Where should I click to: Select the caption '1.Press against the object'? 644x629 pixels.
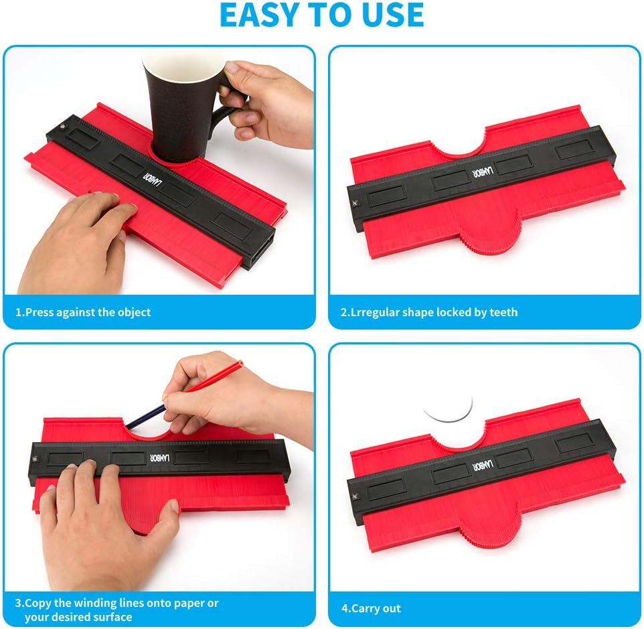click(84, 312)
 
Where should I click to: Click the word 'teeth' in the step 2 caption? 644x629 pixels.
click(503, 312)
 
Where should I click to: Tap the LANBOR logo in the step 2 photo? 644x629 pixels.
click(477, 173)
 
